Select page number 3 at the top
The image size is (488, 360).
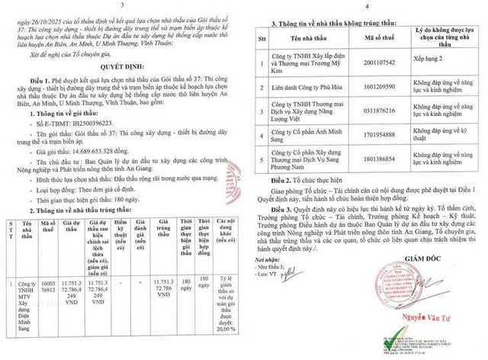122,5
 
